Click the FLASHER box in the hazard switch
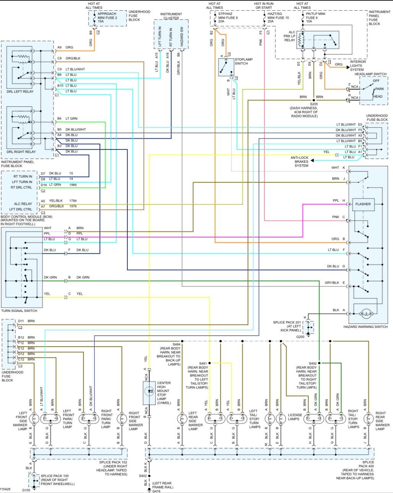(363, 204)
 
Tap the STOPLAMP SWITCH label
(243, 62)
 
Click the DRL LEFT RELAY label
(20, 92)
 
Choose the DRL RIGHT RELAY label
(21, 152)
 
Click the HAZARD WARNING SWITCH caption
(365, 327)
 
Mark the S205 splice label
(314, 104)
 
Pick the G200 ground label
(300, 337)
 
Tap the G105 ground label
(26, 490)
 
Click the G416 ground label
(157, 491)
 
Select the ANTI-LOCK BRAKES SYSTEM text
(301, 162)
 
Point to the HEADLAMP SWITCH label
(370, 74)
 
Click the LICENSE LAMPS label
(295, 417)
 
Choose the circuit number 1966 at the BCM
(73, 185)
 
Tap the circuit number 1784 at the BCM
(73, 201)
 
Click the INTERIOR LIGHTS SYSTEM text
(358, 66)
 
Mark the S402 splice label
(143, 476)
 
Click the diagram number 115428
(5, 489)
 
